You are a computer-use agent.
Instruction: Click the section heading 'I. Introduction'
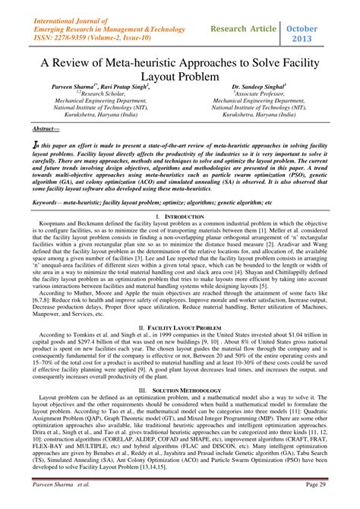pos(180,217)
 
